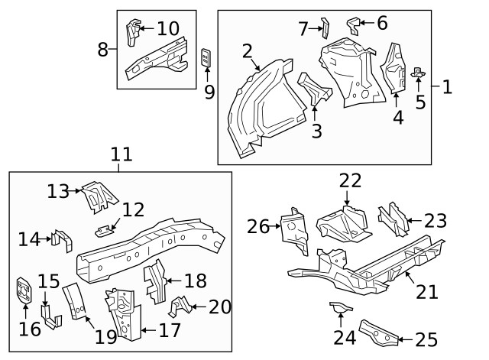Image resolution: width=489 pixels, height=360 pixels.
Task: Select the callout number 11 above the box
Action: tap(121, 154)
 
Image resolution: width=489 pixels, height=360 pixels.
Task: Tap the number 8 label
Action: tap(103, 50)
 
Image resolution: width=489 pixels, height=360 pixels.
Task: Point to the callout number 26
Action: tap(257, 225)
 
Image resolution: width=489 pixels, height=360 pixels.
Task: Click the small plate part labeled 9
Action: tap(206, 58)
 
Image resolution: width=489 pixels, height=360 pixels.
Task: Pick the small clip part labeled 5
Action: tap(418, 73)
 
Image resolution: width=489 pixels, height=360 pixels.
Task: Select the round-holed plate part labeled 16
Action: tap(25, 291)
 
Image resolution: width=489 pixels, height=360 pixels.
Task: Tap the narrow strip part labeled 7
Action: tap(322, 28)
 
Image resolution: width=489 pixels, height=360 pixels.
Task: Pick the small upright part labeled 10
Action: tap(131, 32)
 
